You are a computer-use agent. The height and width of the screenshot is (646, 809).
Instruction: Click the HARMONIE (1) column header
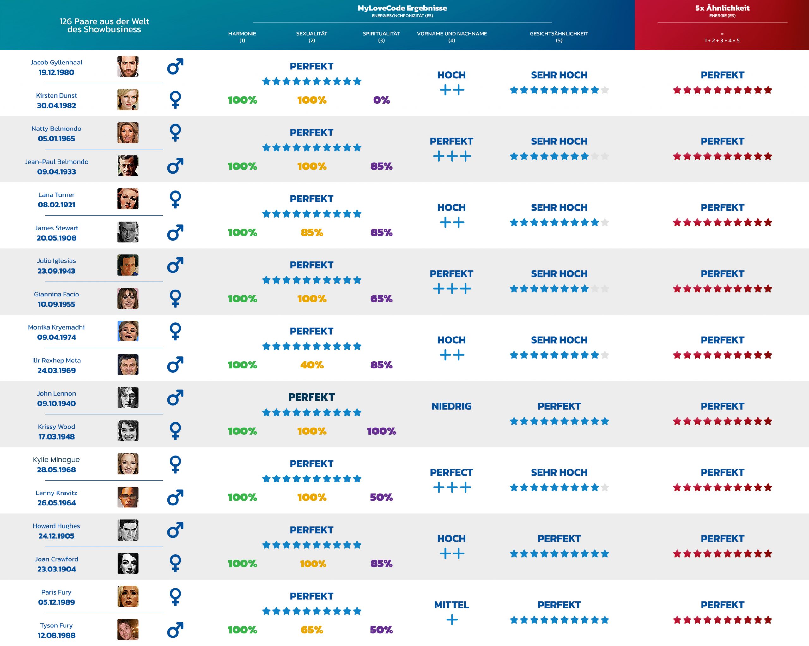[242, 36]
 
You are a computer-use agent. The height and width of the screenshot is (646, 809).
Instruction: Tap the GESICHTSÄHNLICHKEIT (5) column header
[559, 36]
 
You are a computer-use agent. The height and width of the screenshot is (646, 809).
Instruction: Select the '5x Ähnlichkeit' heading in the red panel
[722, 8]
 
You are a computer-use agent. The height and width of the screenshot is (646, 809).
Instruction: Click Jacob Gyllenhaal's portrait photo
[128, 66]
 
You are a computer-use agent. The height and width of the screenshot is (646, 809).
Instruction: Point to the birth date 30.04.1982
[56, 105]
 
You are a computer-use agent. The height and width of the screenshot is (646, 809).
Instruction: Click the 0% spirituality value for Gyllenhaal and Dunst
[381, 100]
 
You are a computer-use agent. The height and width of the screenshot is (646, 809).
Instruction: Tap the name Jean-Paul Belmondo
[56, 162]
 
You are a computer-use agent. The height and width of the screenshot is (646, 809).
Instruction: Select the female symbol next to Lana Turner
[175, 199]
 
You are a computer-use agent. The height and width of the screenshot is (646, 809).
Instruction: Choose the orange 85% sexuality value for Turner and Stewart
[312, 232]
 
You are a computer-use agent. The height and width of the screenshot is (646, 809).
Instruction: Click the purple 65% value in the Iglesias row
[381, 299]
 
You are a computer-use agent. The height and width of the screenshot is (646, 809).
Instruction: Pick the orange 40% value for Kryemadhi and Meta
[312, 365]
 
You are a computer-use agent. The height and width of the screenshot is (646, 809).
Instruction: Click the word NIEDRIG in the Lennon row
[451, 406]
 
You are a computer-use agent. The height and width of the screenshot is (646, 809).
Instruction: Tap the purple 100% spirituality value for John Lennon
[381, 431]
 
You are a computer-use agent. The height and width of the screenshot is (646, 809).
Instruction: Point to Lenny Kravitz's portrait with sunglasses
[128, 497]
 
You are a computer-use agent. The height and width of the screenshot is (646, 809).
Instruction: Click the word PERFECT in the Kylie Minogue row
[451, 472]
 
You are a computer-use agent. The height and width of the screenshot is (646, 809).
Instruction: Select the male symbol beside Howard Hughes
[175, 530]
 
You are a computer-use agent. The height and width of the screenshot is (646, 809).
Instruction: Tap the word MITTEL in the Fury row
[451, 605]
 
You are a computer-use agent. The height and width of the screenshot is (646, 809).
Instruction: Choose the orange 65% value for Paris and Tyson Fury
[312, 630]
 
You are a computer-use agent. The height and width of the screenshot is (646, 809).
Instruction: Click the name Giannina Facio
[56, 294]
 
